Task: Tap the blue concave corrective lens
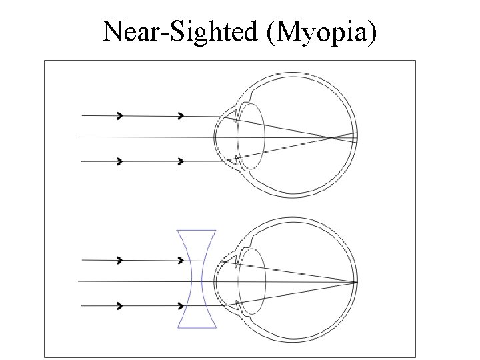pyautogui.click(x=196, y=279)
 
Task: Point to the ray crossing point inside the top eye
pyautogui.click(x=331, y=139)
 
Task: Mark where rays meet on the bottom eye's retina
pyautogui.click(x=357, y=282)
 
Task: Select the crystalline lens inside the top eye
pyautogui.click(x=253, y=137)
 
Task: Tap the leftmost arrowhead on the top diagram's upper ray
pyautogui.click(x=120, y=115)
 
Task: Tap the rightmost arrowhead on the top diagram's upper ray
pyautogui.click(x=180, y=115)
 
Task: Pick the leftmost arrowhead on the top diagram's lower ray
pyautogui.click(x=120, y=161)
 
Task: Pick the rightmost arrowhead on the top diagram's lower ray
pyautogui.click(x=180, y=161)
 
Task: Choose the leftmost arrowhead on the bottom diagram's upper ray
pyautogui.click(x=120, y=259)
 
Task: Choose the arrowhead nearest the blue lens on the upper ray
pyautogui.click(x=180, y=259)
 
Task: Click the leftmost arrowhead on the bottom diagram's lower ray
pyautogui.click(x=120, y=306)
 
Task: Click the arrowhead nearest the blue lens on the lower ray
pyautogui.click(x=180, y=306)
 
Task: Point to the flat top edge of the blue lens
pyautogui.click(x=196, y=231)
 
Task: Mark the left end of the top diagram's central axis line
pyautogui.click(x=79, y=137)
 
